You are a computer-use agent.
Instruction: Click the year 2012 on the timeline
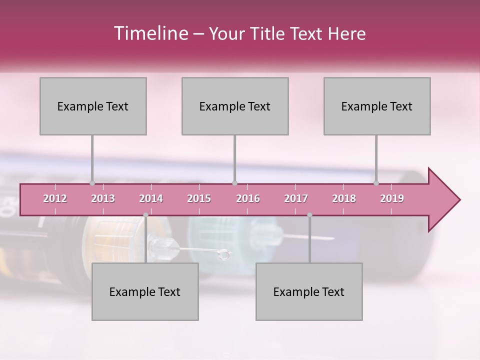tap(55, 198)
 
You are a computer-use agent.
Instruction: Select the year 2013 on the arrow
tap(103, 198)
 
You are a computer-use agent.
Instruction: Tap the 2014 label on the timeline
tap(151, 198)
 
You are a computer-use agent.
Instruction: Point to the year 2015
tap(199, 198)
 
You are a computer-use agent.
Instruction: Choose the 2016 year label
tap(248, 198)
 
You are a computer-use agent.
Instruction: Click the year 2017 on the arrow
tap(296, 198)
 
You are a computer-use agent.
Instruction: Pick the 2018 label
tap(344, 198)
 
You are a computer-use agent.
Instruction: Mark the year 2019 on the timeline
tap(392, 198)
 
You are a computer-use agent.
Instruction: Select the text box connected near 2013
tap(93, 106)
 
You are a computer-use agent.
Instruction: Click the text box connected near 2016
tap(235, 106)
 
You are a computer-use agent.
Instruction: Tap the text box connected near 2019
tap(377, 106)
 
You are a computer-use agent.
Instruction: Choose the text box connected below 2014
tap(145, 291)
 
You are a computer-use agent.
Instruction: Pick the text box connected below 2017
tap(309, 291)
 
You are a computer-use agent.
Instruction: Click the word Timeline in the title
tap(150, 33)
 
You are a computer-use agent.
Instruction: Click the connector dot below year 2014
tap(145, 215)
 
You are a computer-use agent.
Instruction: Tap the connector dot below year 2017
tap(309, 215)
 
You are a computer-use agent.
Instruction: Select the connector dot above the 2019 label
tap(376, 183)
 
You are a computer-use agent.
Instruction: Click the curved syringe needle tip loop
tap(224, 255)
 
